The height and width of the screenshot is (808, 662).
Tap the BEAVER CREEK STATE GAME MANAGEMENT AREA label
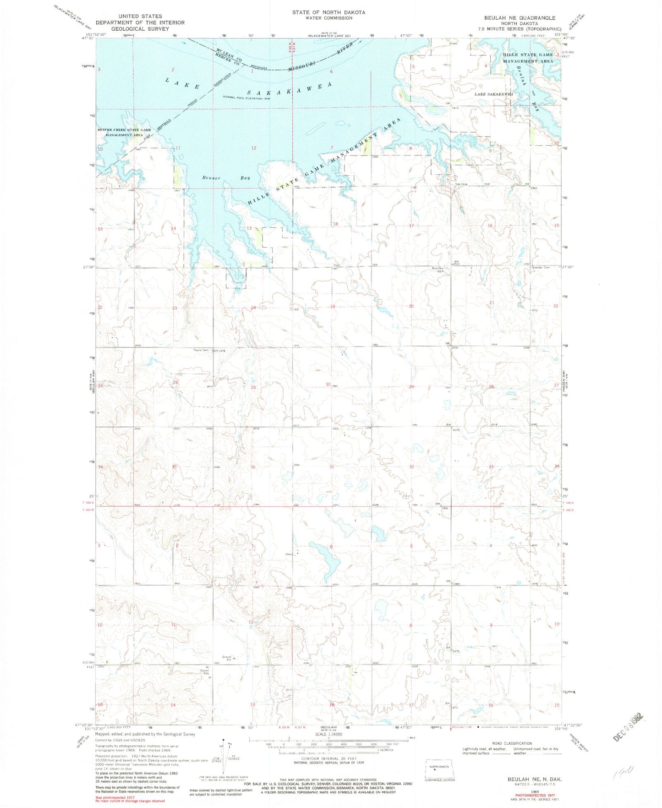point(124,133)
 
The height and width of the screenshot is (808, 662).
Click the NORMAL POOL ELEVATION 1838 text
point(247,97)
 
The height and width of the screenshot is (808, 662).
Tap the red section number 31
point(331,467)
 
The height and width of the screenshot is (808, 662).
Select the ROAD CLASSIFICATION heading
point(510,743)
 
